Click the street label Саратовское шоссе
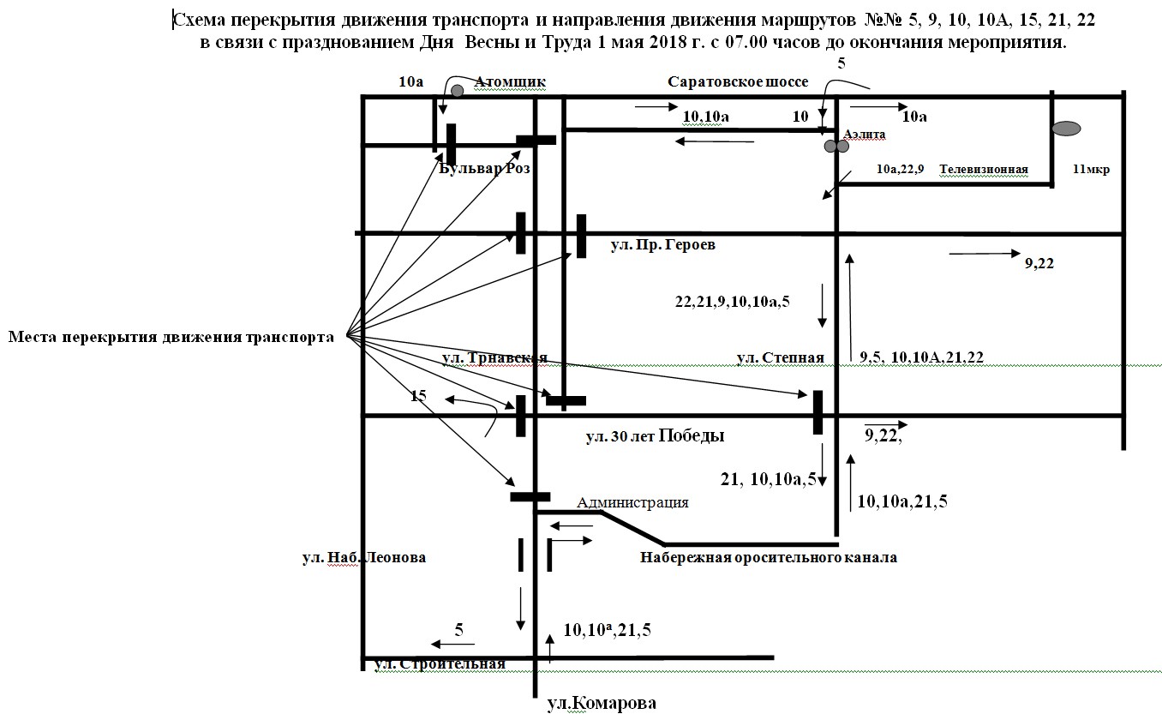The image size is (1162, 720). point(737,81)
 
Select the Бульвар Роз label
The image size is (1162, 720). point(484,169)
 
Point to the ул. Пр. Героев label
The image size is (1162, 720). point(662,245)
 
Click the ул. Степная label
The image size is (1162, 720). point(780,357)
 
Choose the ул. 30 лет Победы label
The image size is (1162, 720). point(656,436)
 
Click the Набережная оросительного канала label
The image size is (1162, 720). point(769,558)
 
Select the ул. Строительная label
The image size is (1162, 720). point(440,663)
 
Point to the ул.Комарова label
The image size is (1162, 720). point(602,704)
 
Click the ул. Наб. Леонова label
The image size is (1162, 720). point(363,558)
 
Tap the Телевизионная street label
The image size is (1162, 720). point(983,170)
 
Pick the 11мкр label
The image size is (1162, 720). point(1091,170)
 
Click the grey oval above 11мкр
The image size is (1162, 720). point(1066,129)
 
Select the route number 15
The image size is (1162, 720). point(418,396)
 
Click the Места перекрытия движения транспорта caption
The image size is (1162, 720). point(171,337)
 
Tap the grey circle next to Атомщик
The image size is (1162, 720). point(458,90)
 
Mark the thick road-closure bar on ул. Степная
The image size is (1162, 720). point(818,412)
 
